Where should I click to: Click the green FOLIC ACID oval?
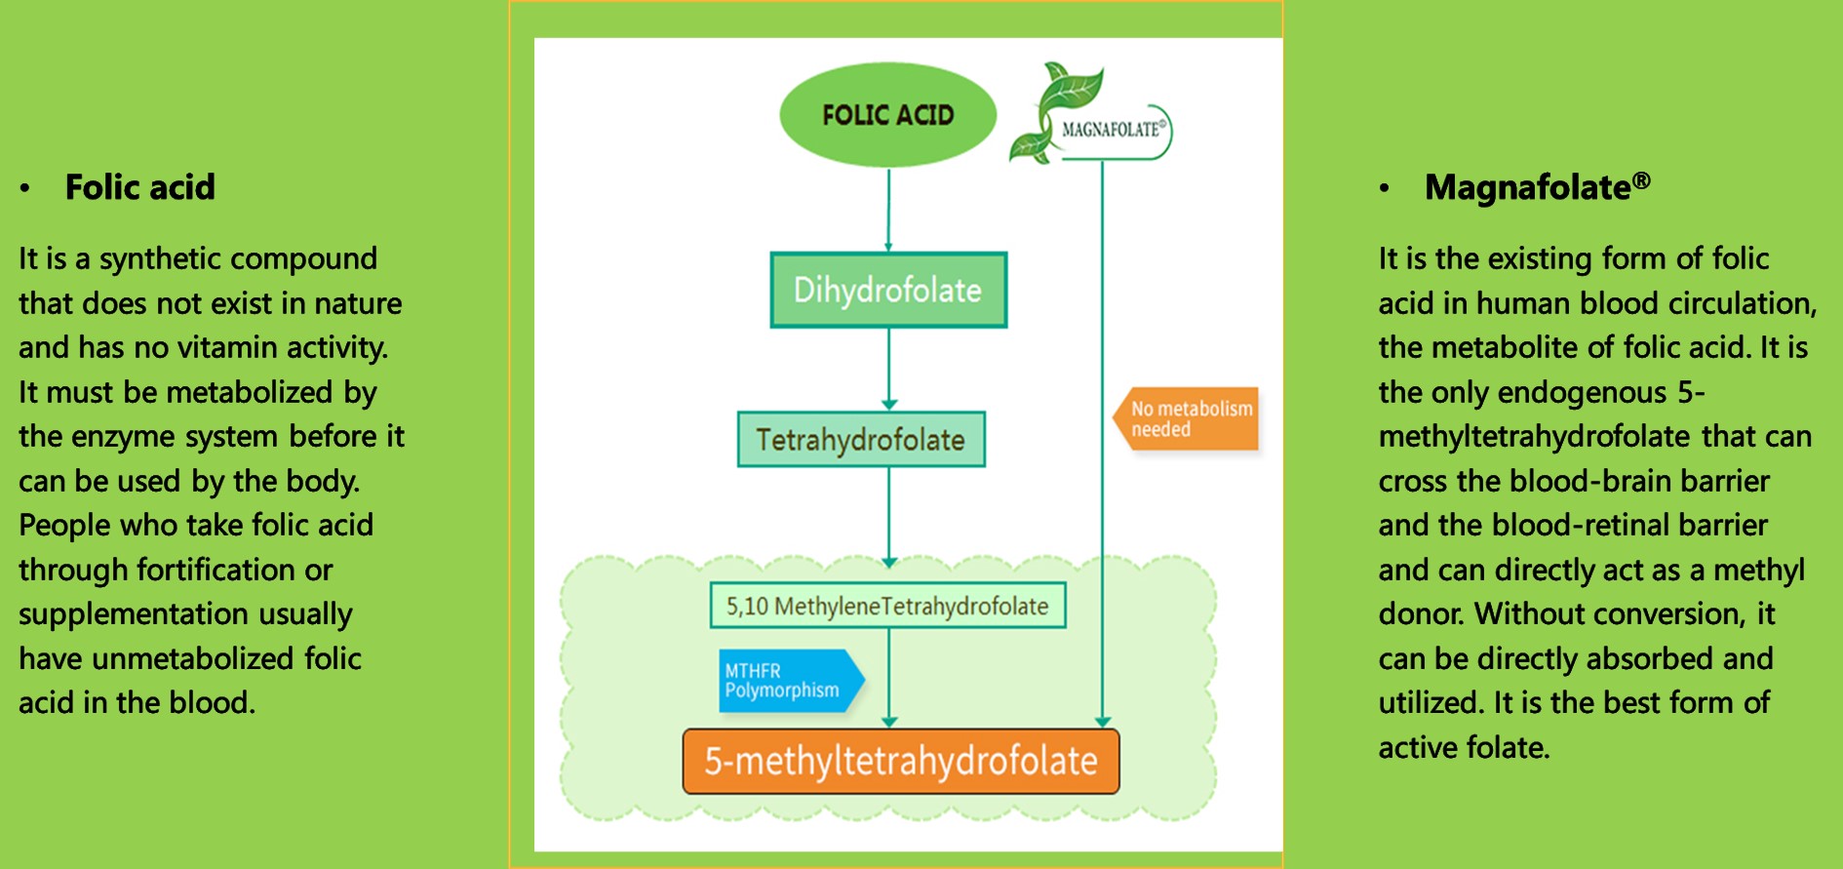pos(887,115)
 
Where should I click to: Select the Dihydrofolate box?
pos(888,290)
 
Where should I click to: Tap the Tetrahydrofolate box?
pos(861,440)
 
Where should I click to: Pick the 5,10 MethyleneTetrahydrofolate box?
pos(887,606)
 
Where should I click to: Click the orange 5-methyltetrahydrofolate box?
pos(901,761)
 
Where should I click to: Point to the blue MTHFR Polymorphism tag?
pos(786,681)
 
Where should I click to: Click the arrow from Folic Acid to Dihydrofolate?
pos(888,210)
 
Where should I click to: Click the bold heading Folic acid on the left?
pos(139,187)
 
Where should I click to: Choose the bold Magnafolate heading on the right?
pos(1527,187)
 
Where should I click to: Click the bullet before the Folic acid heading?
pos(25,188)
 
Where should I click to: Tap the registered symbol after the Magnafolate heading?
pos(1642,180)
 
